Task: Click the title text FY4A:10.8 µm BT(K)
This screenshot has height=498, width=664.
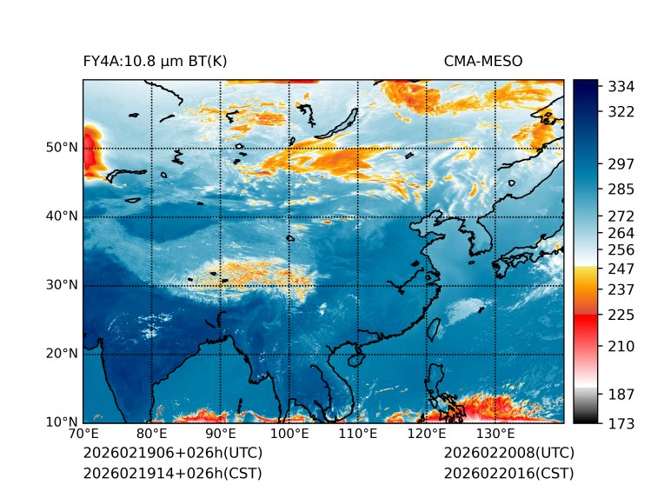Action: pos(155,61)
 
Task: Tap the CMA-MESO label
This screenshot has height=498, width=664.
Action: pos(482,61)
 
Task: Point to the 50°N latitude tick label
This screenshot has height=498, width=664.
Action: pos(61,148)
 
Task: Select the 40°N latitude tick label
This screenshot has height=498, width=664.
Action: pos(61,216)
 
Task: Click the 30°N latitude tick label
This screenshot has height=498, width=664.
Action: pos(61,285)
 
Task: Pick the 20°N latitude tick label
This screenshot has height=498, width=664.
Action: pos(61,354)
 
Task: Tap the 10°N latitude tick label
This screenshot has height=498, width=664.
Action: pos(61,422)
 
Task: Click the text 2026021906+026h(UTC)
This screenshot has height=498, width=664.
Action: pos(172,454)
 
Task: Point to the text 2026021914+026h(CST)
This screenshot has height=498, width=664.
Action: pos(172,474)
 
